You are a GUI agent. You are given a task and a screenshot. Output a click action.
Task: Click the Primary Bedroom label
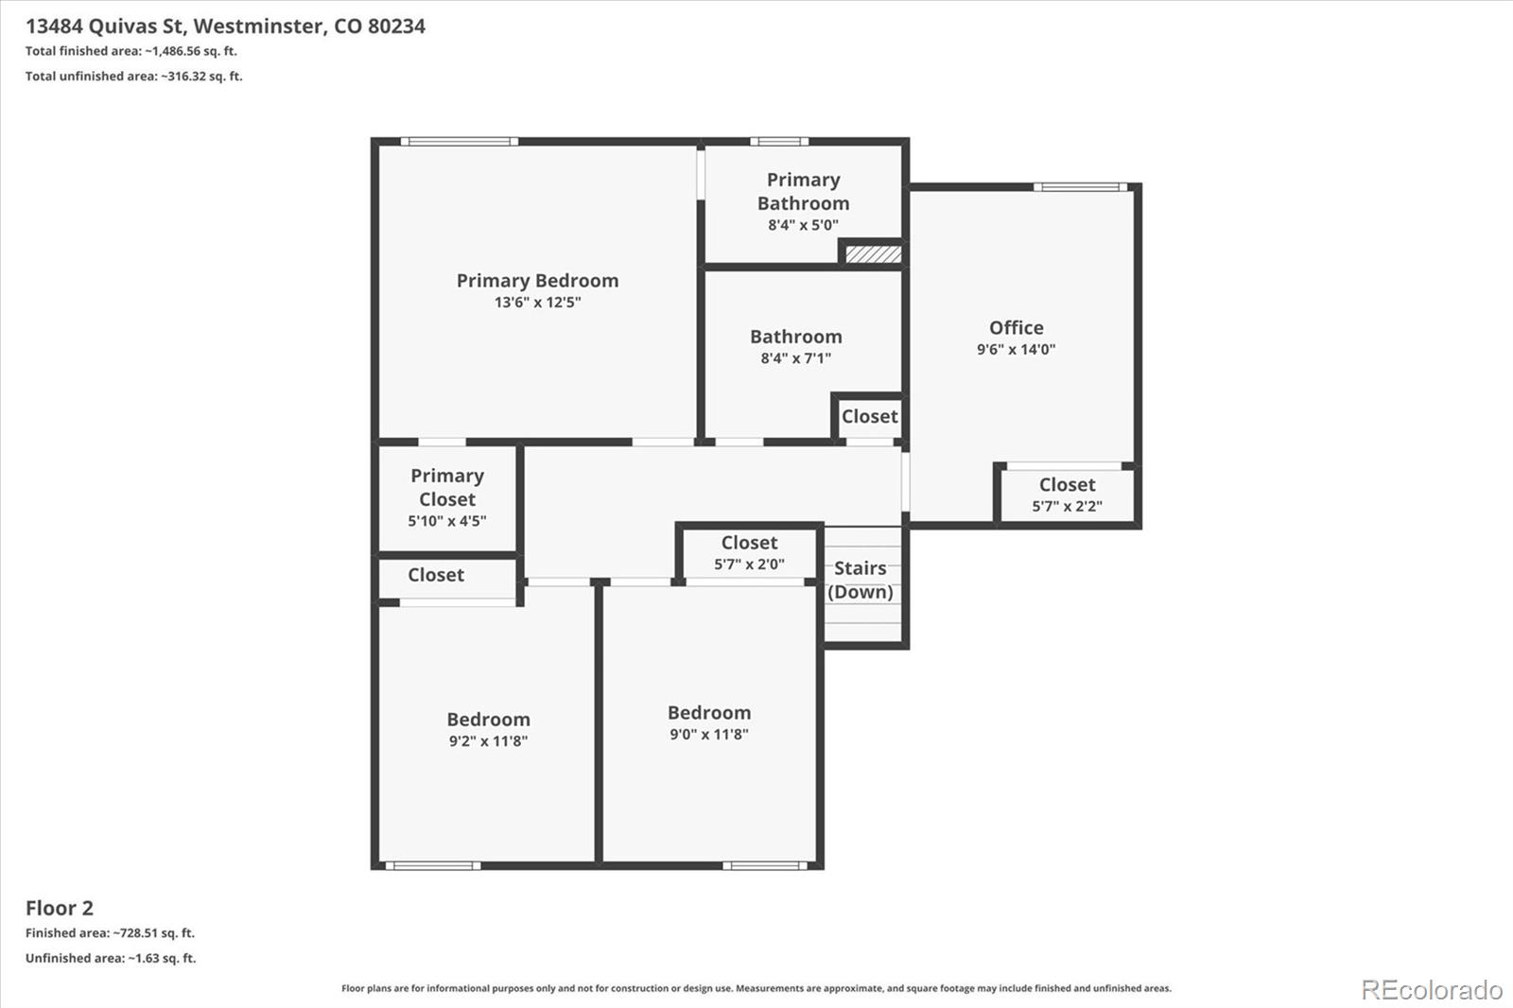pos(538,281)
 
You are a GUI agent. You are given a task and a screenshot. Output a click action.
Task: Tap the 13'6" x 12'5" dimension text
pos(538,302)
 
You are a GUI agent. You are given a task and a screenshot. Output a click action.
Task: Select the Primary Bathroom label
pos(803,191)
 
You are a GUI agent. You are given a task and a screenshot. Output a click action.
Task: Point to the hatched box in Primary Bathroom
pos(874,254)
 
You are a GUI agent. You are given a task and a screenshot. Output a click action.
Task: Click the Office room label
pos(1017,328)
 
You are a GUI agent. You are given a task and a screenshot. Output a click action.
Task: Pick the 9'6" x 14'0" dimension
pos(1017,349)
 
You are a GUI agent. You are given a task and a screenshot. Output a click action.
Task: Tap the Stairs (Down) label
pos(861,580)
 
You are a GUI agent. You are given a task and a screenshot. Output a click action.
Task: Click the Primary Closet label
pos(447,487)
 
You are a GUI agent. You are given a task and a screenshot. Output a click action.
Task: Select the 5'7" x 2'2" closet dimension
pos(1068,506)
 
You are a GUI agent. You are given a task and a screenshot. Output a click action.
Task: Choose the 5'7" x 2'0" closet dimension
pos(750,565)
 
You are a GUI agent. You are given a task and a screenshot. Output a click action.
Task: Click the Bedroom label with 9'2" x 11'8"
pos(488,719)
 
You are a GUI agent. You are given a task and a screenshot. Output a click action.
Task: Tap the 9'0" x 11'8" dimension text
pos(709,735)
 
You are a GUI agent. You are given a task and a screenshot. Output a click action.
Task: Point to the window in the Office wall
pos(1081,187)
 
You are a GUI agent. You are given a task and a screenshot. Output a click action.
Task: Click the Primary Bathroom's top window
pos(779,141)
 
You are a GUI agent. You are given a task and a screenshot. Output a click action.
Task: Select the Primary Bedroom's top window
pos(460,141)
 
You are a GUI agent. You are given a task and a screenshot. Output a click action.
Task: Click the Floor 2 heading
pos(60,908)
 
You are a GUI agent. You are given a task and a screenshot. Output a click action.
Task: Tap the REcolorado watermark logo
pos(1432,990)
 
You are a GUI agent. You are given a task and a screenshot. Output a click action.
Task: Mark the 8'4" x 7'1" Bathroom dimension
pos(796,358)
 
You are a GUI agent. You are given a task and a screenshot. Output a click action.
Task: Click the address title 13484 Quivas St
pos(105,26)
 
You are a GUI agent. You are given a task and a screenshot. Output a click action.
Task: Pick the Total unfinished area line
pos(133,77)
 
